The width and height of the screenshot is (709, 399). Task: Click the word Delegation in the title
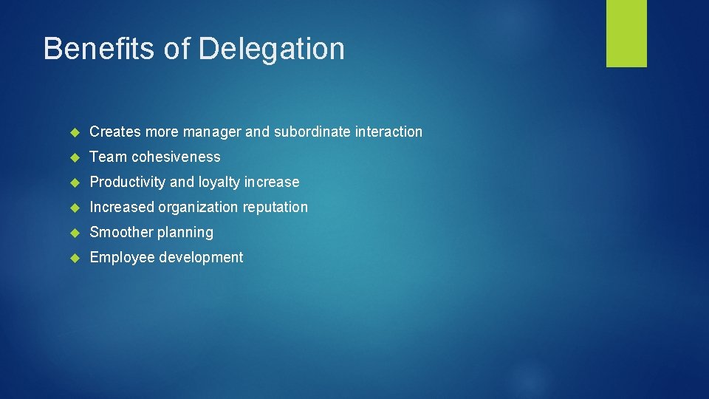272,49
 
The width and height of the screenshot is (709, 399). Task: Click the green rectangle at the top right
626,33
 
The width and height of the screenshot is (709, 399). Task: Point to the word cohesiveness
176,157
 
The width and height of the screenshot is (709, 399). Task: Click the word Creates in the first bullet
115,132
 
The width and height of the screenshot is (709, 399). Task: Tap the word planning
185,232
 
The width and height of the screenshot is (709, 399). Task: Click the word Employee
122,257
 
